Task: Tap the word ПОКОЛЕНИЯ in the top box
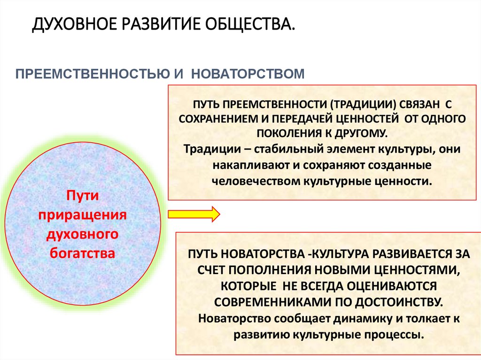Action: point(289,133)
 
